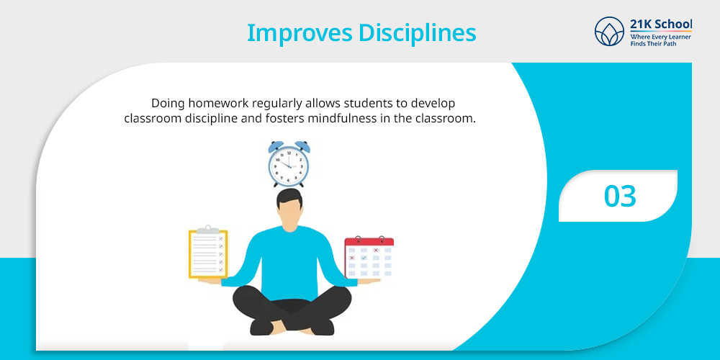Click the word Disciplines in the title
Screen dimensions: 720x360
click(x=418, y=32)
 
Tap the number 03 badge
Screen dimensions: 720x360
click(x=620, y=196)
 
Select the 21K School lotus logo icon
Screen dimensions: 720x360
click(x=609, y=31)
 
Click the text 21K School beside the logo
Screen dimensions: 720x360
click(x=661, y=24)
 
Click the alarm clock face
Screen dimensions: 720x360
click(x=289, y=165)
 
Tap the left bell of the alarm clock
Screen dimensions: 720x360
click(x=276, y=147)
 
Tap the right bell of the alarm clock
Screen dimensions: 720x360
click(x=302, y=147)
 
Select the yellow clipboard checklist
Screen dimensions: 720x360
click(x=208, y=253)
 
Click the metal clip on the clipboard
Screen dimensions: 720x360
click(x=208, y=229)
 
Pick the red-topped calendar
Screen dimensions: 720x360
click(x=369, y=258)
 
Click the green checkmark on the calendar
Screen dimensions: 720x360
click(x=364, y=258)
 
